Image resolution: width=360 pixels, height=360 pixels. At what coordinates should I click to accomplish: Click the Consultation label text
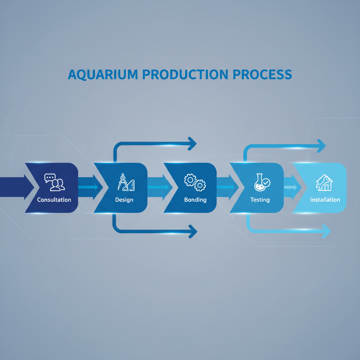pos(54,200)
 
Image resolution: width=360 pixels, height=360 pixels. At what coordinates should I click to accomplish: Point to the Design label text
pos(124,200)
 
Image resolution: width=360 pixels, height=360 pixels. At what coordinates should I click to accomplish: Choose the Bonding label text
pos(195,200)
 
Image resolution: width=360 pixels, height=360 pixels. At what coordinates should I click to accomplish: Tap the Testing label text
pos(260,200)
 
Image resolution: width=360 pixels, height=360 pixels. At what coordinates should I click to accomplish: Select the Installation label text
pos(325,200)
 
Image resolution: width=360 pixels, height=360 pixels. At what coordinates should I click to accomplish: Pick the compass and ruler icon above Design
pos(126,182)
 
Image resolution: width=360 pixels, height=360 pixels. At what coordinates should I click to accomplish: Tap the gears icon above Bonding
pos(195,181)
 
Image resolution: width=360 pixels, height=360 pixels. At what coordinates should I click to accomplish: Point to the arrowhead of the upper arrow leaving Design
pos(192,143)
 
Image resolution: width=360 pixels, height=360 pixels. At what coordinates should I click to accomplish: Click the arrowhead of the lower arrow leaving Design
pos(193,232)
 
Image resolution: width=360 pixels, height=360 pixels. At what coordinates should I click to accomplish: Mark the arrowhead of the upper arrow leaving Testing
pos(321,146)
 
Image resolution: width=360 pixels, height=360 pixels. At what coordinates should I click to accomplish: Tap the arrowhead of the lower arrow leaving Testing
pos(327,231)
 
